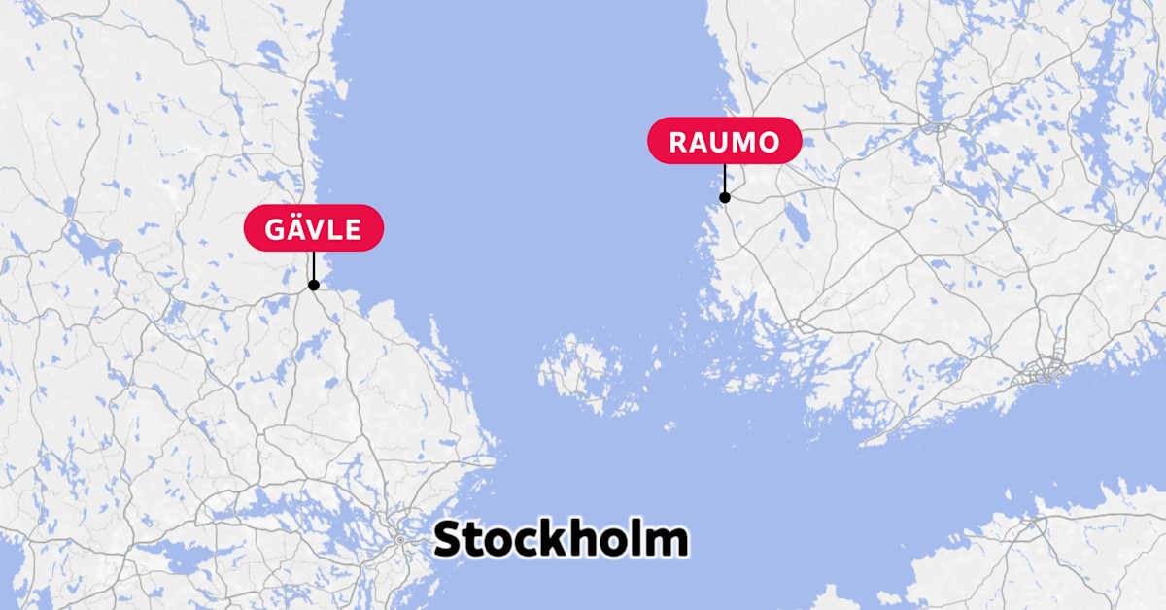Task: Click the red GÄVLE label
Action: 313,229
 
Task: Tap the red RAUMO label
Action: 724,142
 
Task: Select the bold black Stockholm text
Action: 561,540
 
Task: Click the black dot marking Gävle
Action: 313,285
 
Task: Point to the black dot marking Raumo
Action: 724,197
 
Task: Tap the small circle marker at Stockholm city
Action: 399,538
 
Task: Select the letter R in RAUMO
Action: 679,143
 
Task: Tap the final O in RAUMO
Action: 768,143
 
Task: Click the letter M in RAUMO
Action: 742,143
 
